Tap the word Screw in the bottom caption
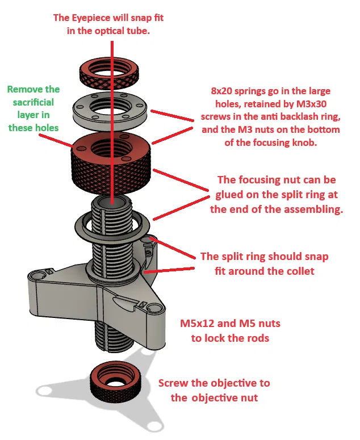pyautogui.click(x=172, y=383)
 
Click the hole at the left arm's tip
pyautogui.click(x=37, y=275)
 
